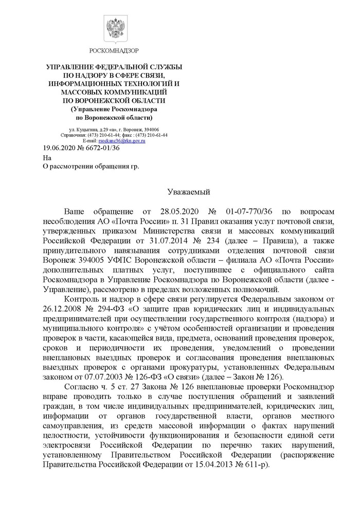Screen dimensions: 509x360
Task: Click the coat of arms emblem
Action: tap(114, 28)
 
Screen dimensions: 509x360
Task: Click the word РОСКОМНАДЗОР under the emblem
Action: tap(114, 50)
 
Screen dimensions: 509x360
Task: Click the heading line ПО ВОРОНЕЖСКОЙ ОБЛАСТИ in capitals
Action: tap(114, 100)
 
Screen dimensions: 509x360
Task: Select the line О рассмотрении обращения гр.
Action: tap(91, 167)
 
